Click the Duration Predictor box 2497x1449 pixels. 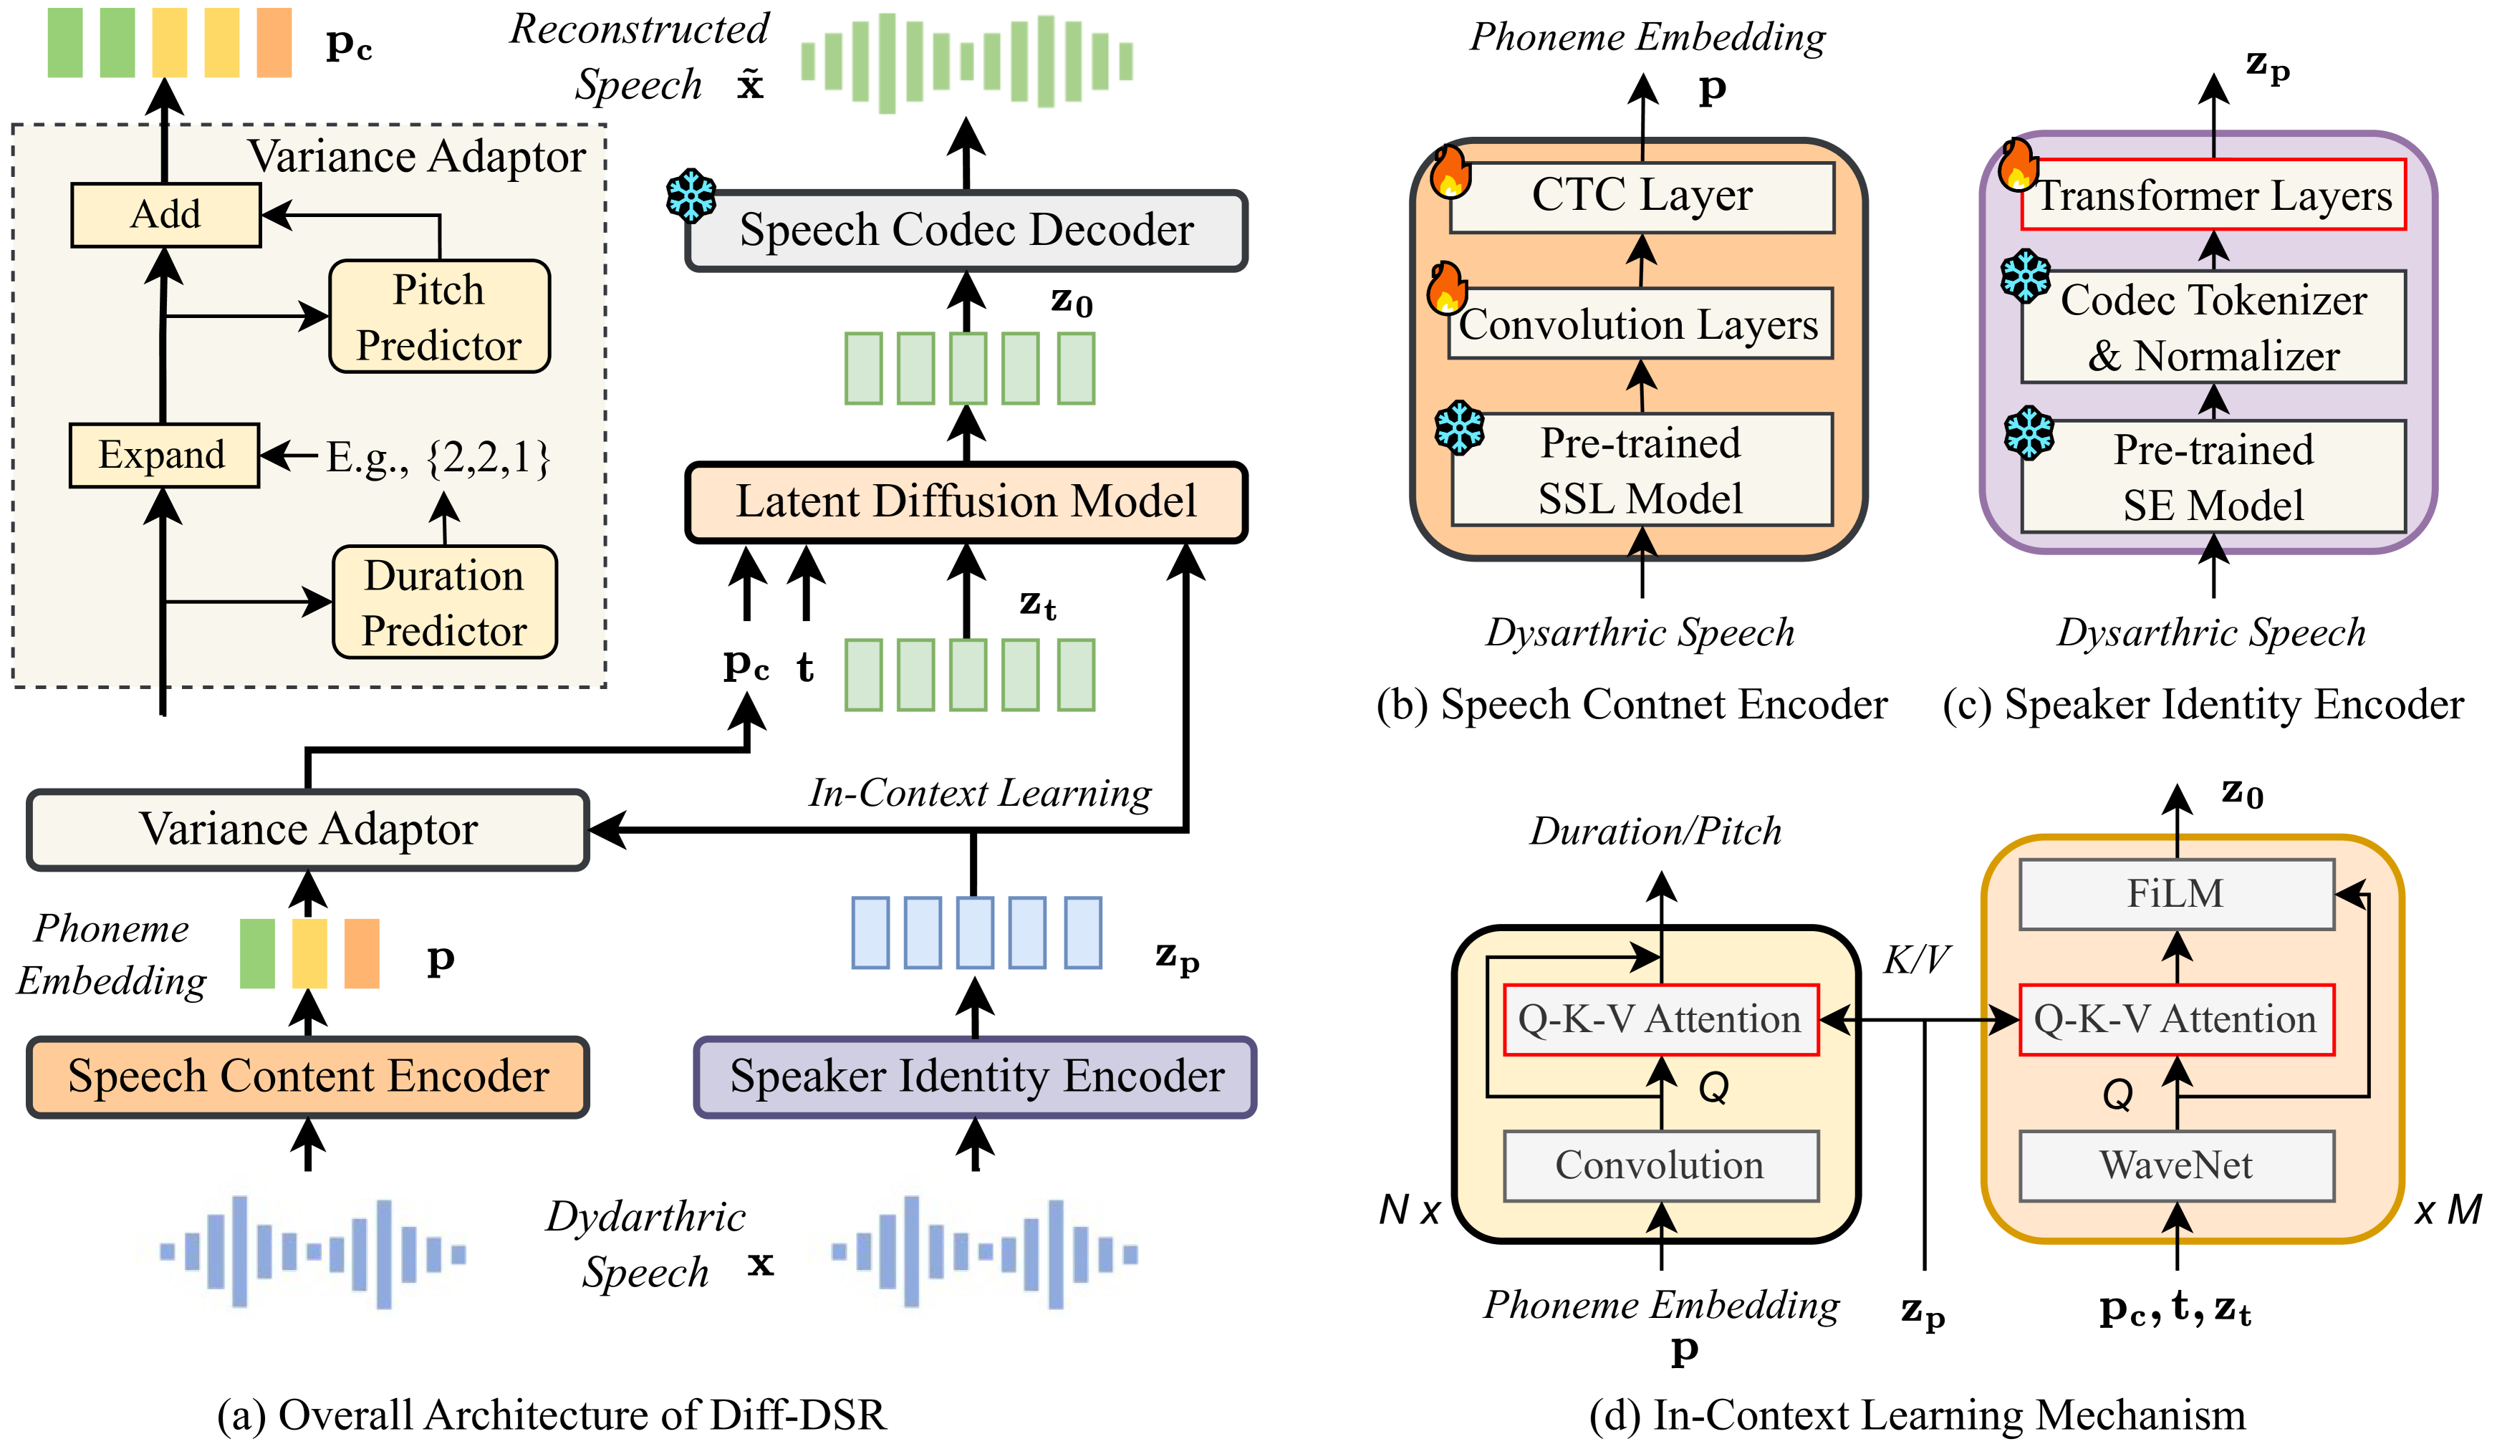coord(444,602)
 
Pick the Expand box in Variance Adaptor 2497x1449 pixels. coord(163,455)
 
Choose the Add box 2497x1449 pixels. coord(165,214)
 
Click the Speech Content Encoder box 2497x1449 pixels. coord(308,1077)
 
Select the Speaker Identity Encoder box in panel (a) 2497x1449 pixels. coord(976,1077)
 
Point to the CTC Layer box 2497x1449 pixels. coord(1642,196)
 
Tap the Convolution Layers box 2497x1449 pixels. coord(1640,324)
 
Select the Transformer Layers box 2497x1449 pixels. coord(2213,196)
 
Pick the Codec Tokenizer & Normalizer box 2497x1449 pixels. coord(2213,327)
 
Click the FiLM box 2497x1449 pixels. coord(2176,894)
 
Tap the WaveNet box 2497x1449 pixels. coord(2176,1165)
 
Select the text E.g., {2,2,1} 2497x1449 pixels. coord(438,458)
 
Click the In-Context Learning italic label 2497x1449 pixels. coord(980,793)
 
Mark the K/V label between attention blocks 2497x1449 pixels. coord(1915,959)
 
